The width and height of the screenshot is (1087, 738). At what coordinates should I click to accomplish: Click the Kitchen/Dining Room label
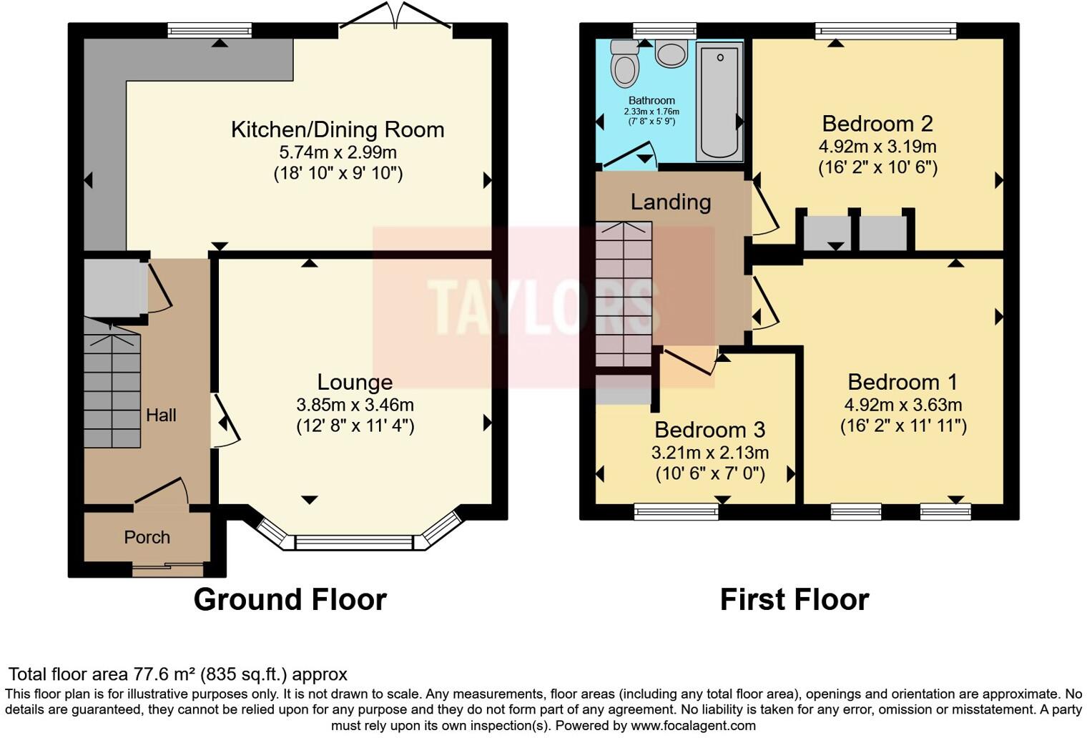[338, 129]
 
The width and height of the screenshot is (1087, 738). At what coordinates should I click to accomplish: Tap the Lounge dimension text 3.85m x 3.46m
[355, 405]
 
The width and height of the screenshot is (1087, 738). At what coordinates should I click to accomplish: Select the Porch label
[147, 537]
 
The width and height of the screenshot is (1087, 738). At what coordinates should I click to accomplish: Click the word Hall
[161, 415]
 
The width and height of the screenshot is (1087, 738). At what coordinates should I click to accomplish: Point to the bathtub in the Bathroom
[719, 100]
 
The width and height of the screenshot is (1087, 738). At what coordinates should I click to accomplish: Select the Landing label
[670, 202]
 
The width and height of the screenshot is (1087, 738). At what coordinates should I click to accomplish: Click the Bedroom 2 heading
[877, 124]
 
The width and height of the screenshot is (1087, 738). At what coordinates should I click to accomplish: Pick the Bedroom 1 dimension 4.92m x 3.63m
[902, 405]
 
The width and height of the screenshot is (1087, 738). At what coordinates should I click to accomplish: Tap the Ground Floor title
[290, 599]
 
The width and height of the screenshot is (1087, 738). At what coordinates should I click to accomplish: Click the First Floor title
[794, 599]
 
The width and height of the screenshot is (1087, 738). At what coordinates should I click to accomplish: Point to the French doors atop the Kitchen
[395, 18]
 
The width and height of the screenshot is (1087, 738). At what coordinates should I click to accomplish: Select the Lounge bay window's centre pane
[354, 543]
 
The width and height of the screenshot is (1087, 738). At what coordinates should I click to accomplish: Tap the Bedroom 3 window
[676, 511]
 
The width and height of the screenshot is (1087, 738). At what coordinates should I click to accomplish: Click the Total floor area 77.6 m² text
[177, 674]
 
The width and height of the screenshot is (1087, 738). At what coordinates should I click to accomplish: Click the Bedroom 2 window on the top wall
[885, 30]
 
